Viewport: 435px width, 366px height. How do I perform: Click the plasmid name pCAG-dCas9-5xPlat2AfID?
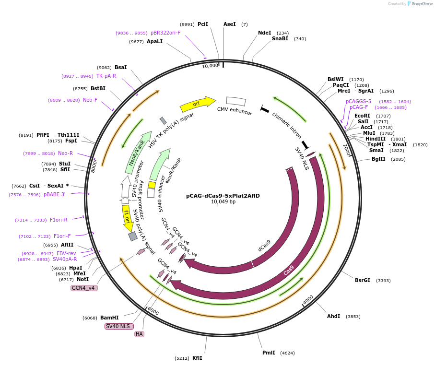coord(223,196)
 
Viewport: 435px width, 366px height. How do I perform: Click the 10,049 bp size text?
coord(223,202)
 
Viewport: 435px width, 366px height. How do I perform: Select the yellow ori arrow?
coord(197,104)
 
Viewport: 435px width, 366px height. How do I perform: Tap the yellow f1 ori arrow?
coord(127,218)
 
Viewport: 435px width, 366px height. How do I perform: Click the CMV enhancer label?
coord(235,111)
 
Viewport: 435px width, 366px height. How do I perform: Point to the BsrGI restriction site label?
coord(363,280)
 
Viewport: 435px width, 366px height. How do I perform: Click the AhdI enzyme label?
coord(334,316)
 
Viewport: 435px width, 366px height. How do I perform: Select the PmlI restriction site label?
coord(269,353)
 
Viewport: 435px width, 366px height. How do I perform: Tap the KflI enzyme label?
coord(197,358)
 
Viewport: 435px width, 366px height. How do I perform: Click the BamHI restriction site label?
coord(109,318)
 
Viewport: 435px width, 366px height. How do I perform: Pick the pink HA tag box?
coord(139,334)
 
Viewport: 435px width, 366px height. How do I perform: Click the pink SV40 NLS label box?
coord(119,326)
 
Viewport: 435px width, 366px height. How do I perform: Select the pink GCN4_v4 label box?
coord(84,288)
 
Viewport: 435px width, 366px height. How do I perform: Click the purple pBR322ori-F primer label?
coord(165,33)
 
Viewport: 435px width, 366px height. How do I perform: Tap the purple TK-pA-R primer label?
coord(106,76)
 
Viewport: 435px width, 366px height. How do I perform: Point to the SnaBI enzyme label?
coord(280,38)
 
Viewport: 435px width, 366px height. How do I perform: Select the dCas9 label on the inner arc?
coord(265,246)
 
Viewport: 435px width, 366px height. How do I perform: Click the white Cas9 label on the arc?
coord(288,270)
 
